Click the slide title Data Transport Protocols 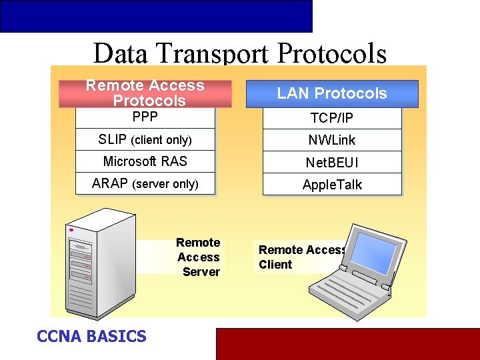[x=239, y=53]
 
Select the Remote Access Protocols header [x=145, y=93]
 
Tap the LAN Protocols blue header [x=332, y=93]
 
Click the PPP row [x=145, y=117]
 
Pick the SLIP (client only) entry [x=145, y=140]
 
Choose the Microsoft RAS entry [x=145, y=162]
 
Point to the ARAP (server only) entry [x=145, y=184]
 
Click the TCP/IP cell [x=332, y=118]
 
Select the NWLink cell [x=332, y=140]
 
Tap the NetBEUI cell [x=332, y=162]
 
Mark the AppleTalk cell [x=332, y=185]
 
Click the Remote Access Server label [x=199, y=257]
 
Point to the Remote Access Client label [x=301, y=257]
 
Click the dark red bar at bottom [x=347, y=344]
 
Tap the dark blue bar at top [x=156, y=16]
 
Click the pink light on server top [x=71, y=230]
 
